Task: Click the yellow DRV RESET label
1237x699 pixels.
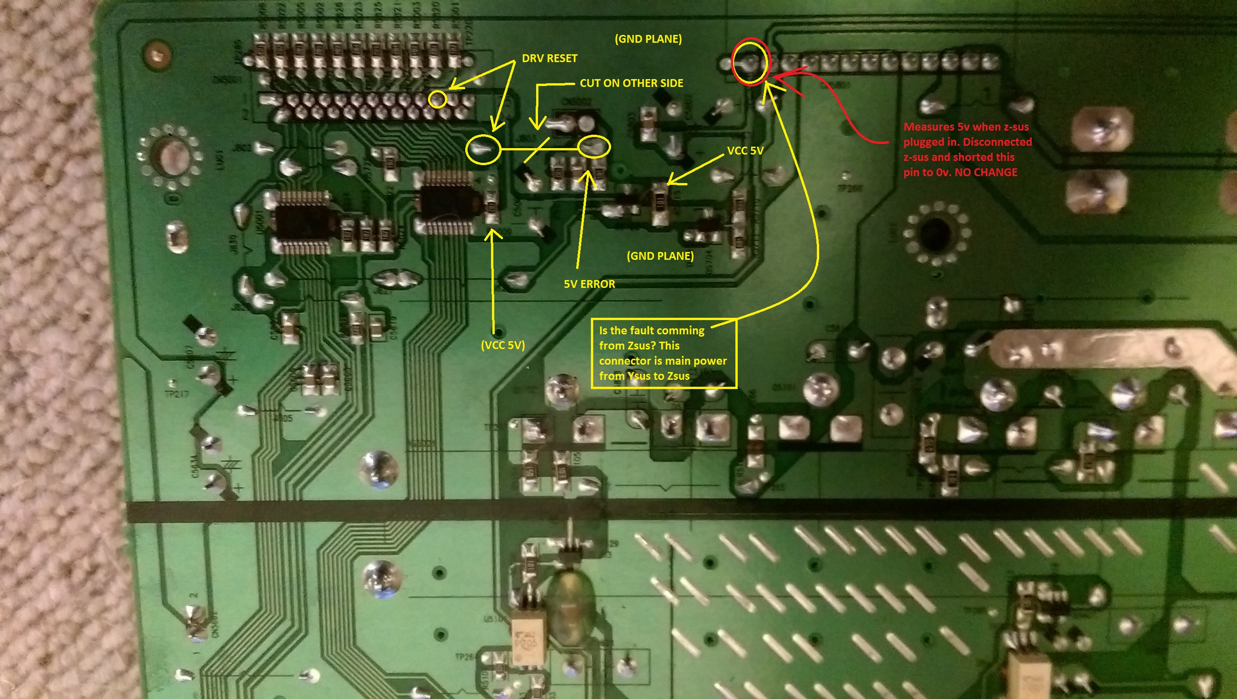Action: click(x=549, y=58)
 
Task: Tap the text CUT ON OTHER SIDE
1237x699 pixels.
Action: click(x=631, y=83)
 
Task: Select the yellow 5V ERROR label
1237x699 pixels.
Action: click(x=589, y=284)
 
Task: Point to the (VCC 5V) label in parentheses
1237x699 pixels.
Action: click(x=503, y=345)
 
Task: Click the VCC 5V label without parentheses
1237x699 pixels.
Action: click(x=745, y=151)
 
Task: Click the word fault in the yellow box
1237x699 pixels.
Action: click(x=652, y=331)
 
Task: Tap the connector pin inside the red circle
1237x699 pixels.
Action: click(x=750, y=62)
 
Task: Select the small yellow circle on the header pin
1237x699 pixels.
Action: click(x=437, y=99)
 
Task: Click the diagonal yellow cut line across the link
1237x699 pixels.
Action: click(x=537, y=149)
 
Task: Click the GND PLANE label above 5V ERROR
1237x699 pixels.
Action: click(x=659, y=256)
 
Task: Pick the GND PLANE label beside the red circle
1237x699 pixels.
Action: click(x=648, y=39)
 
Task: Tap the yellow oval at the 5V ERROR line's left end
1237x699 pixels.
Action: click(x=483, y=149)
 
